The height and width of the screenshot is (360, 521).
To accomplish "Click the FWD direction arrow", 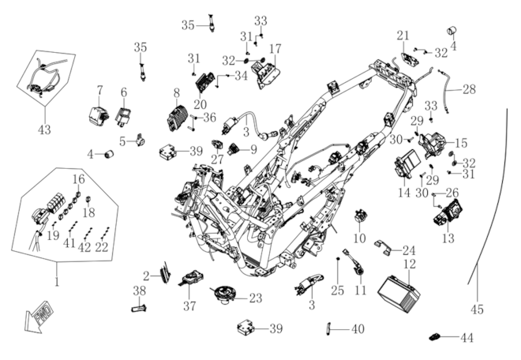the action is pyautogui.click(x=38, y=318).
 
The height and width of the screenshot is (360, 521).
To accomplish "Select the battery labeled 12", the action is pyautogui.click(x=399, y=294).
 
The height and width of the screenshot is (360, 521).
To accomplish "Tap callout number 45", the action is pyautogui.click(x=477, y=309).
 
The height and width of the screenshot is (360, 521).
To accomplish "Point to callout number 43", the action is pyautogui.click(x=44, y=129).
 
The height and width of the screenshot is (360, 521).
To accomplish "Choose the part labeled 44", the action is pyautogui.click(x=437, y=337).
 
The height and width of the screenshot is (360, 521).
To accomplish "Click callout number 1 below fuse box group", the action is pyautogui.click(x=57, y=281).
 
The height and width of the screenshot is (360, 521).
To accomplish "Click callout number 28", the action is pyautogui.click(x=469, y=89).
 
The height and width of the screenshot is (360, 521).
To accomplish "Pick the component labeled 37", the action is pyautogui.click(x=191, y=278).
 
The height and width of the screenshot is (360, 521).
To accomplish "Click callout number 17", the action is pyautogui.click(x=275, y=48).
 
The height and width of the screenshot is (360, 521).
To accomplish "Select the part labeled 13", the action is pyautogui.click(x=448, y=212).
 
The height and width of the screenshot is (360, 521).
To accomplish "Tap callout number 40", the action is pyautogui.click(x=358, y=329).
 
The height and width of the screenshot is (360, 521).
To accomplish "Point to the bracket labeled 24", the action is pyautogui.click(x=382, y=248).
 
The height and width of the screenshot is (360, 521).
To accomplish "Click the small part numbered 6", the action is pyautogui.click(x=123, y=116).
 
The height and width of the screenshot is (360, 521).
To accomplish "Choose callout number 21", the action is pyautogui.click(x=403, y=36).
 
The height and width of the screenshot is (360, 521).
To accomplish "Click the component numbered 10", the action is pyautogui.click(x=359, y=216).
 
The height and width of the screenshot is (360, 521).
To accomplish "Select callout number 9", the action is pyautogui.click(x=253, y=149).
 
